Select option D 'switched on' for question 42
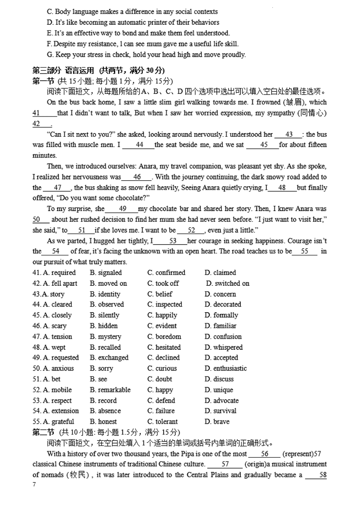(x=228, y=283)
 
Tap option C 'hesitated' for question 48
(x=164, y=347)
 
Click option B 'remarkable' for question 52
(x=110, y=390)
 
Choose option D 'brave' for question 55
(x=217, y=421)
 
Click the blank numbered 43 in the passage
(x=289, y=135)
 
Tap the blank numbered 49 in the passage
(x=122, y=209)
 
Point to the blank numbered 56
(x=264, y=454)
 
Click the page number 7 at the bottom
(x=34, y=484)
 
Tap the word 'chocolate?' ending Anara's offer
(x=132, y=198)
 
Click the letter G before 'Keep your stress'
(x=50, y=54)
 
